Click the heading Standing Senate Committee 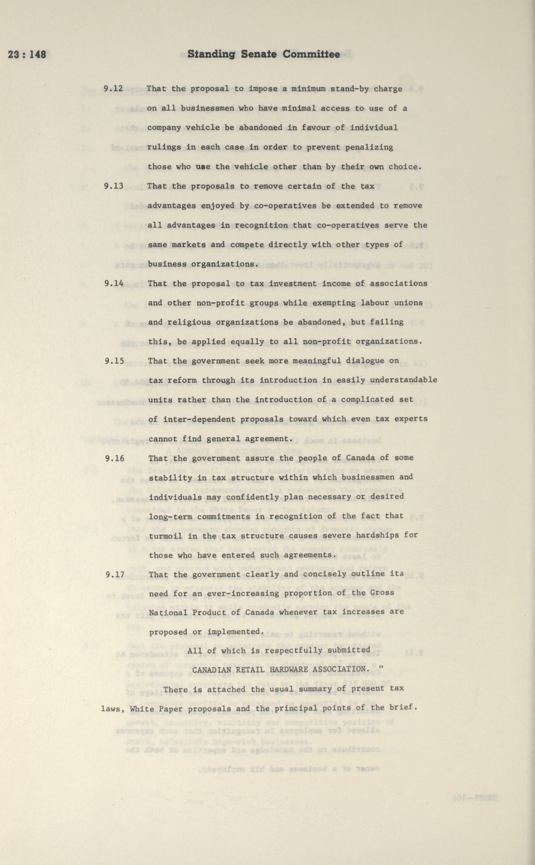click(264, 54)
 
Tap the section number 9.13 click(114, 186)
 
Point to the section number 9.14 click(114, 283)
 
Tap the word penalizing click(371, 147)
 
